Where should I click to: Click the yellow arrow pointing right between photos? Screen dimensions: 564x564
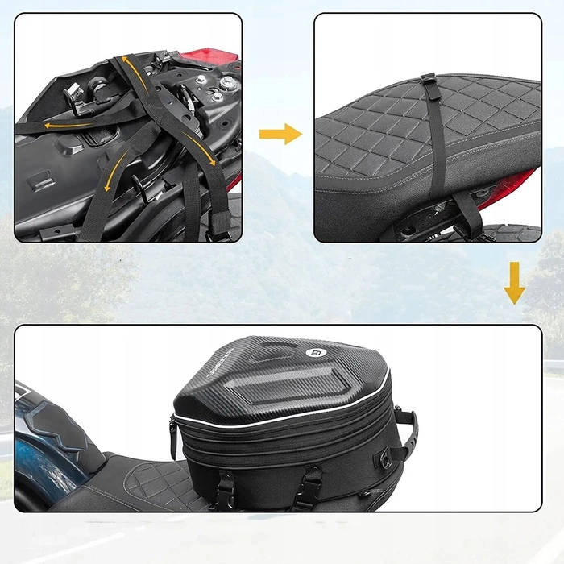point(280,134)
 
